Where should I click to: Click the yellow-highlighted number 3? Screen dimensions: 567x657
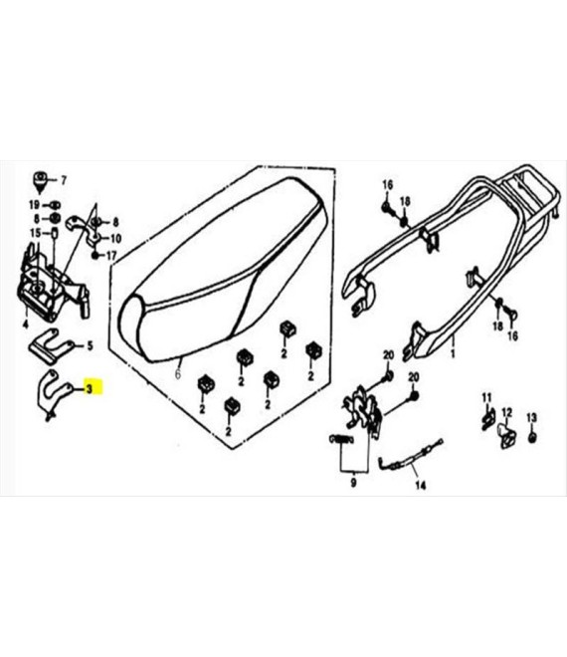pyautogui.click(x=89, y=389)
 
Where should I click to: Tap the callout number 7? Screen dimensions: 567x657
pyautogui.click(x=64, y=180)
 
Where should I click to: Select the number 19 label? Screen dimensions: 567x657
pyautogui.click(x=34, y=205)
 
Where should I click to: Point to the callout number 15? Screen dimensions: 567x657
pyautogui.click(x=35, y=233)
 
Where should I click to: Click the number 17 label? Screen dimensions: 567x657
pyautogui.click(x=111, y=256)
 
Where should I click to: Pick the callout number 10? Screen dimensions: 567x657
pyautogui.click(x=115, y=239)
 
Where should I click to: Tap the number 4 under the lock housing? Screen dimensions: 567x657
pyautogui.click(x=26, y=324)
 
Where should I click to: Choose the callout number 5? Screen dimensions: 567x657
pyautogui.click(x=90, y=346)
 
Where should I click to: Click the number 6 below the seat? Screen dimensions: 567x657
pyautogui.click(x=177, y=373)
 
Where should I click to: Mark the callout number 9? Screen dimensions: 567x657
pyautogui.click(x=354, y=483)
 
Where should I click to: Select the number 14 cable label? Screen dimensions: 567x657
pyautogui.click(x=420, y=486)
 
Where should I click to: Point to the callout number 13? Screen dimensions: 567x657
pyautogui.click(x=531, y=418)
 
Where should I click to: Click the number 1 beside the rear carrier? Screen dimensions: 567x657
pyautogui.click(x=453, y=354)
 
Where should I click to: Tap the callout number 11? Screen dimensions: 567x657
pyautogui.click(x=486, y=397)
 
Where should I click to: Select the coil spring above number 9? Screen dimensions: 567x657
pyautogui.click(x=340, y=439)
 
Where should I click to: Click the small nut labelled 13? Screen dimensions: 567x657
pyautogui.click(x=532, y=437)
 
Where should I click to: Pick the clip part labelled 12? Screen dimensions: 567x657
pyautogui.click(x=506, y=436)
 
